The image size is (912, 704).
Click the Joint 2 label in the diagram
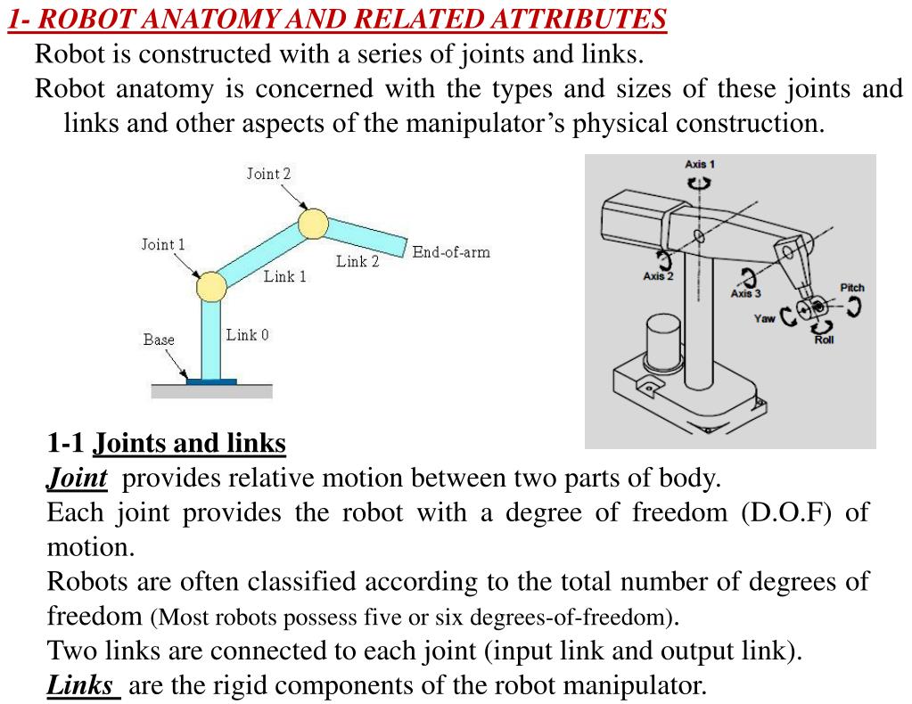click(x=268, y=174)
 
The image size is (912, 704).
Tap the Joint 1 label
click(x=163, y=244)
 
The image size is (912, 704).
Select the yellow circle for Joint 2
click(x=313, y=224)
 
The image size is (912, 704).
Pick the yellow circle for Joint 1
click(x=211, y=287)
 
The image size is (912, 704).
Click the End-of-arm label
click(x=451, y=252)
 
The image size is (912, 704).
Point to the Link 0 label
click(x=247, y=335)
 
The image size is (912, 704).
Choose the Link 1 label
click(x=284, y=276)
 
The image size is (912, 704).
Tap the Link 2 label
click(x=357, y=261)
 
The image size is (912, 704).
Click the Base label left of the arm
click(x=159, y=340)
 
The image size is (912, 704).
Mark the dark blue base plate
click(x=212, y=381)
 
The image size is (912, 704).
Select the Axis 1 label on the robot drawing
click(x=700, y=164)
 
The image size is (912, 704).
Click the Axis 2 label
click(x=658, y=276)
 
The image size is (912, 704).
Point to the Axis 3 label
click(x=745, y=293)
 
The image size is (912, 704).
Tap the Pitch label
click(x=852, y=288)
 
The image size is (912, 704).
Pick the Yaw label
click(x=764, y=318)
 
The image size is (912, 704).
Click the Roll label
click(x=824, y=340)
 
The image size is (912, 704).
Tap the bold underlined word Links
click(x=80, y=685)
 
